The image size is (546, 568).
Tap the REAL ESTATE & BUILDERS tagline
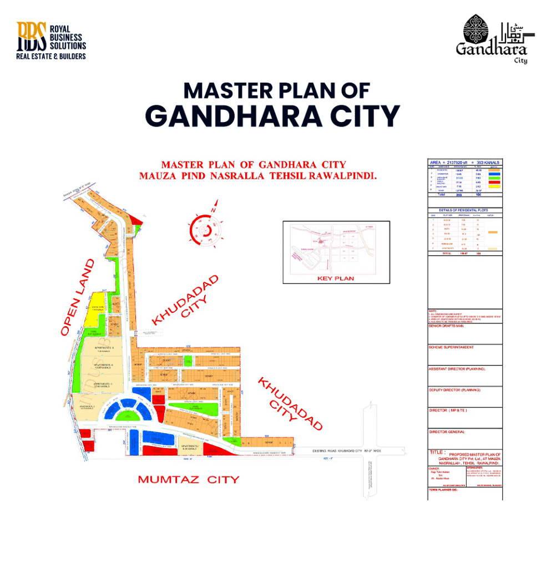tap(51, 56)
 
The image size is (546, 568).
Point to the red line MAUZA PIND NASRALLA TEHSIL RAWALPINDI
tap(258, 176)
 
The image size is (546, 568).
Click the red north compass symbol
tap(204, 230)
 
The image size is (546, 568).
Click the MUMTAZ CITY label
tap(188, 479)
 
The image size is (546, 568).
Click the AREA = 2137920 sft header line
tap(464, 162)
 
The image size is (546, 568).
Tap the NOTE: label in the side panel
tap(433, 311)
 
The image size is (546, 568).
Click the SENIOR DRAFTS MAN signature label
tap(446, 326)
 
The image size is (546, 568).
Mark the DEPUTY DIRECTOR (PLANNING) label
tap(454, 390)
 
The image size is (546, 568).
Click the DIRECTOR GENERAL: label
tap(447, 432)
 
